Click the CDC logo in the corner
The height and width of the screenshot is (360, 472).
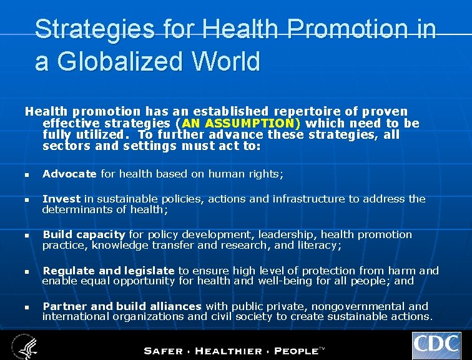pos(436,346)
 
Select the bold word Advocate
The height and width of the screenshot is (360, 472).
pos(69,174)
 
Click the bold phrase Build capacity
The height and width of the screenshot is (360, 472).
pos(84,234)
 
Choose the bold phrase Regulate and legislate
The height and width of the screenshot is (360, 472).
pos(109,271)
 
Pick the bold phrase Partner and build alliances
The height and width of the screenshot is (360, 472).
pos(122,306)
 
